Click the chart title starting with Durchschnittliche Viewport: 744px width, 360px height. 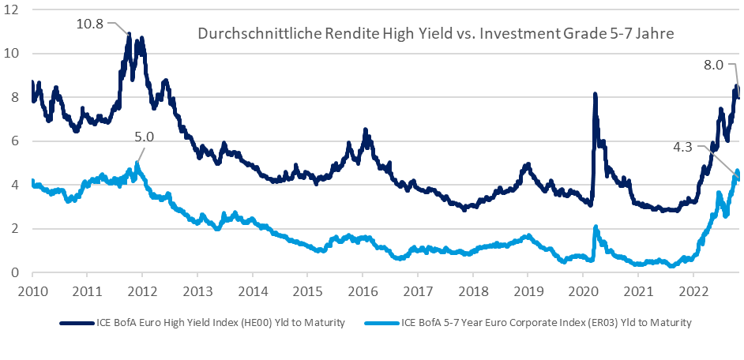pos(435,34)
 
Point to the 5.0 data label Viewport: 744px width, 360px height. pos(145,137)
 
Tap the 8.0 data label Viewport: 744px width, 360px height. pos(713,66)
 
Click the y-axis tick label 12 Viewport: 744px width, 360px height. pos(17,9)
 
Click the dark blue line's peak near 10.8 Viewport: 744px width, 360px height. pos(129,36)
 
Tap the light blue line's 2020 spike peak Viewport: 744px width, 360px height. pos(595,229)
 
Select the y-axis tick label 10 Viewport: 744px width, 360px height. pos(17,54)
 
